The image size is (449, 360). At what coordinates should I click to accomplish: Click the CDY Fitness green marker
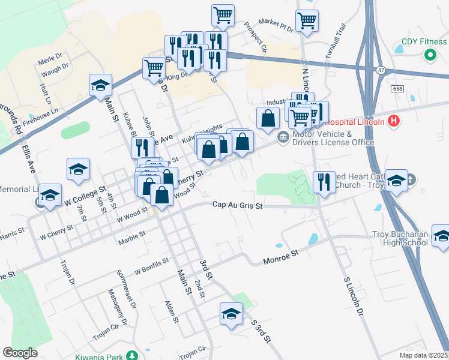point(430,55)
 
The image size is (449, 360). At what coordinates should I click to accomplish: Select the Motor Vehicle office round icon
point(282,138)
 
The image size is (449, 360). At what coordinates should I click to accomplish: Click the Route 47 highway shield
point(381,70)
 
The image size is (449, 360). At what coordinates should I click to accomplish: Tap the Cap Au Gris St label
point(238,205)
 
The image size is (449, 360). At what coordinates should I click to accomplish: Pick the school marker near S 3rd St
point(231,314)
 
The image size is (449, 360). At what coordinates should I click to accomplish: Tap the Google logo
point(20,353)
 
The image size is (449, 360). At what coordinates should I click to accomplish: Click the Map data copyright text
point(424,355)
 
